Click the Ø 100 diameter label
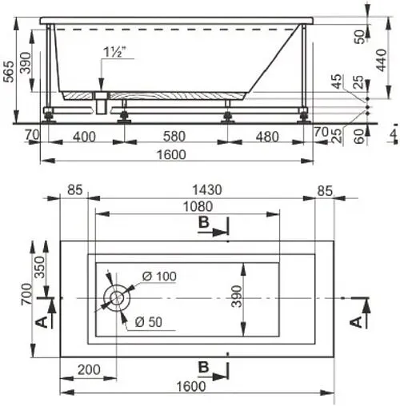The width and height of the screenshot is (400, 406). coord(159,277)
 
